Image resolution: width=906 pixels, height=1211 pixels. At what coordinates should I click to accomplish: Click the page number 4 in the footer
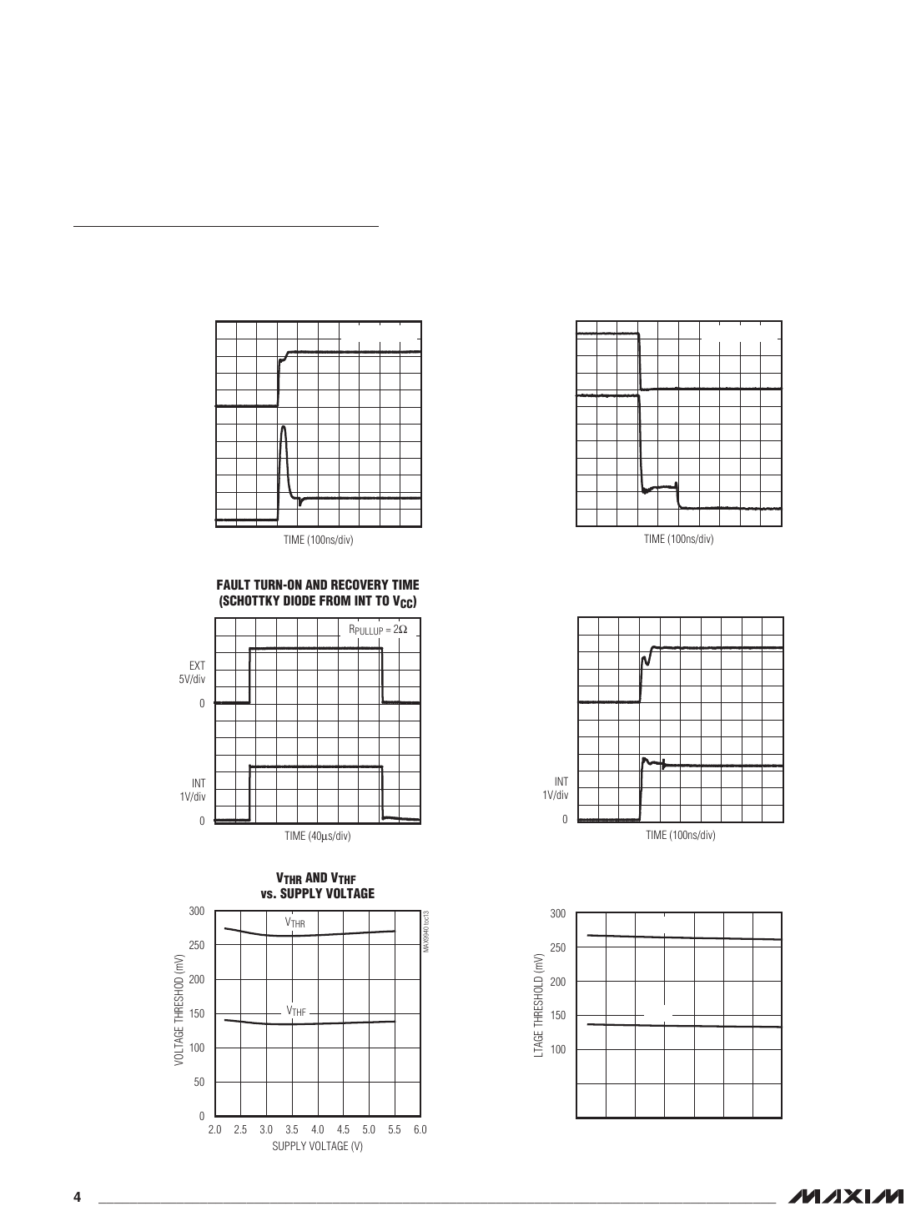[x=77, y=1198]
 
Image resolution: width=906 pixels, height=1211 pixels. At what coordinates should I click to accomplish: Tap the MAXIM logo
[x=842, y=1197]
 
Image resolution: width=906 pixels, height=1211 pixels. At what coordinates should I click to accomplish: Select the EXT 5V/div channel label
[x=197, y=672]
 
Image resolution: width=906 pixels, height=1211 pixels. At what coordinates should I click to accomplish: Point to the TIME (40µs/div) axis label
[x=317, y=836]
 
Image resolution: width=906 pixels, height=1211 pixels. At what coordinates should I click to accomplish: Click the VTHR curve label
[x=295, y=923]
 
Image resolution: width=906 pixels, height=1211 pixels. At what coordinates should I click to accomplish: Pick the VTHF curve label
[x=296, y=1011]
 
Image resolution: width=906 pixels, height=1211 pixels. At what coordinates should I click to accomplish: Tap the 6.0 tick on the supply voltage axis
[x=420, y=1130]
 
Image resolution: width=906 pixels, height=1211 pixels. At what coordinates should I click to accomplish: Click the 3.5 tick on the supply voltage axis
[x=292, y=1130]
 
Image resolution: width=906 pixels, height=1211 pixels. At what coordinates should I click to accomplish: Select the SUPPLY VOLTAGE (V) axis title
[x=317, y=1146]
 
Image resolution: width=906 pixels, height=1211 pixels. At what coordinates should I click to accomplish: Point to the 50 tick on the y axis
[x=199, y=1083]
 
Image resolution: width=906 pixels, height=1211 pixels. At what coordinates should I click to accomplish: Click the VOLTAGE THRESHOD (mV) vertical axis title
[x=178, y=1013]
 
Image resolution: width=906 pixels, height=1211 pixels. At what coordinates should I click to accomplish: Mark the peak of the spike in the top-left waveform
[x=284, y=427]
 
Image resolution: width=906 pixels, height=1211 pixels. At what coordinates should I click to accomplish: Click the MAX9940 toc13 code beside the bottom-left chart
[x=425, y=932]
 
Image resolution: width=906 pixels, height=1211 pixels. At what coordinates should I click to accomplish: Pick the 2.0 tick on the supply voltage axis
[x=214, y=1130]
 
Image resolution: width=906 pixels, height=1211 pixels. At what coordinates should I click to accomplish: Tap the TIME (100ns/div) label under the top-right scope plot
[x=678, y=540]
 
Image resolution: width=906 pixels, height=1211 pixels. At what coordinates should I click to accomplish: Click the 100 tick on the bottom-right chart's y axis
[x=558, y=1049]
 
